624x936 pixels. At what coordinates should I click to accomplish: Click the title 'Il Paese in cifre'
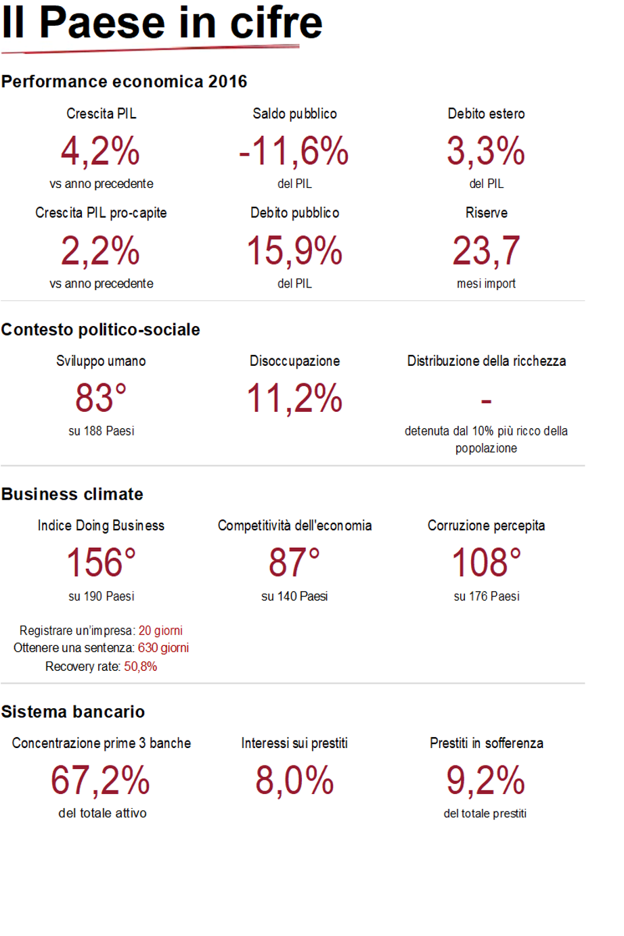(x=162, y=23)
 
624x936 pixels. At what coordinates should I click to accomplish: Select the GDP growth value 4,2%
(x=100, y=150)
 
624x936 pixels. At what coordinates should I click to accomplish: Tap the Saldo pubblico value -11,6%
(x=294, y=150)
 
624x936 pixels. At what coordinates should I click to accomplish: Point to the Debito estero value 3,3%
(x=486, y=150)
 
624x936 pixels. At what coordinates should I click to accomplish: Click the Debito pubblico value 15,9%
(x=294, y=250)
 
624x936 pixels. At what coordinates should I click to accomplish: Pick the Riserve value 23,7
(x=486, y=250)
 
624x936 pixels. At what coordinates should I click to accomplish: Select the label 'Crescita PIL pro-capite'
(x=101, y=213)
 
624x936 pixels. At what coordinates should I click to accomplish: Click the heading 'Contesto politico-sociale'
(x=101, y=329)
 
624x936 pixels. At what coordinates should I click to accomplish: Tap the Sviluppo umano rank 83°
(x=101, y=398)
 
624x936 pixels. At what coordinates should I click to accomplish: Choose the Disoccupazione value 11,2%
(x=294, y=398)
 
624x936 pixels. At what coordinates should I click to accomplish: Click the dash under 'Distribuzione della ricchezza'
(x=486, y=402)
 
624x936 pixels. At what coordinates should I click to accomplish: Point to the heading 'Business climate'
(x=72, y=494)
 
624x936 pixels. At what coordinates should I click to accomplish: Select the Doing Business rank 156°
(x=101, y=563)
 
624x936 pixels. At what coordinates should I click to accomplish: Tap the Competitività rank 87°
(x=294, y=563)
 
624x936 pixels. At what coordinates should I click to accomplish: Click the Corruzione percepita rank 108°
(x=486, y=563)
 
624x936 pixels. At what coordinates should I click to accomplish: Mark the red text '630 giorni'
(x=163, y=648)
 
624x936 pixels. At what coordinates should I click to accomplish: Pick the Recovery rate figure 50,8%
(x=141, y=667)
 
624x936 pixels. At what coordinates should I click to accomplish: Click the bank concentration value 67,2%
(x=101, y=780)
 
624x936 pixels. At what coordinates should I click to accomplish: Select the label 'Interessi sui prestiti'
(x=294, y=743)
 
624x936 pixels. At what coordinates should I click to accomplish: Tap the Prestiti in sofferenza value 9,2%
(x=485, y=780)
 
